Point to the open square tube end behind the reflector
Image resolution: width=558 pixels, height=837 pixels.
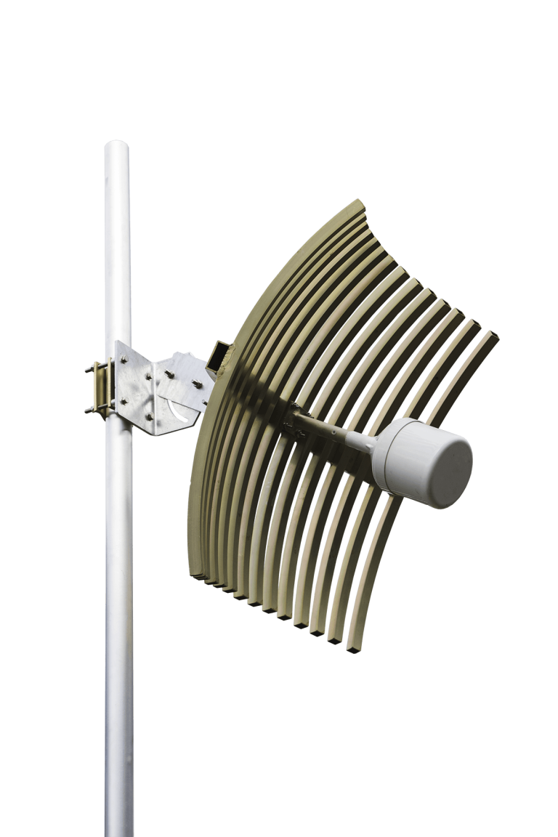click(x=217, y=355)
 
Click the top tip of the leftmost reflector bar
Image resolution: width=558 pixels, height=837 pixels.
click(x=356, y=203)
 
